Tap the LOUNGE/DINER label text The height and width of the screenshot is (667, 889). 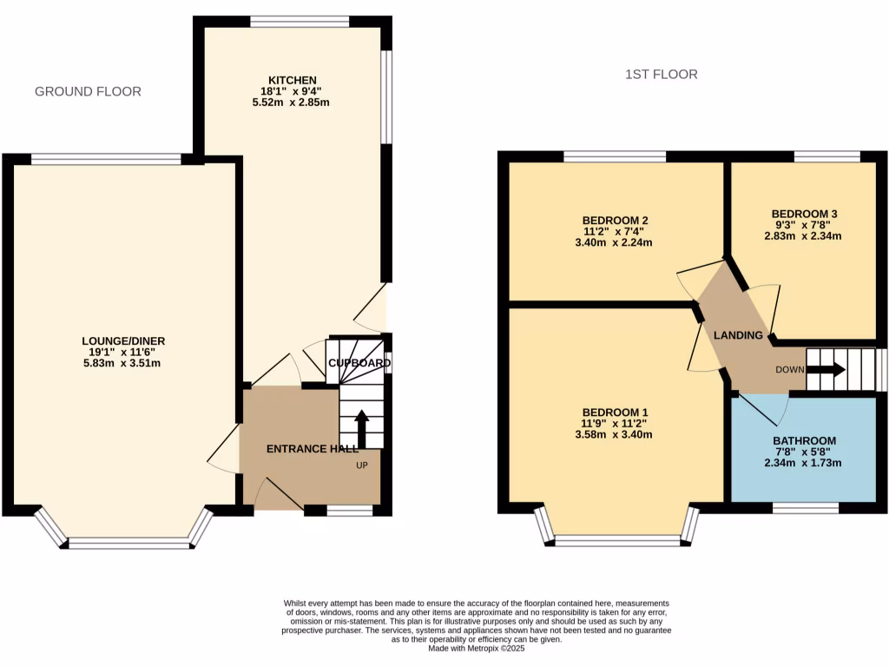coord(123,340)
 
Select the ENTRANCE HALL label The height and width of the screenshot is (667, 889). coord(312,449)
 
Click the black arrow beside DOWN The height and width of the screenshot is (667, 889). coord(826,369)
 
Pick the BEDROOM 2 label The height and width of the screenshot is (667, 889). coord(616,220)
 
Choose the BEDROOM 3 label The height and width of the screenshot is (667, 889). coord(804,213)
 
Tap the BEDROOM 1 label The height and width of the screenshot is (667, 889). coord(616,412)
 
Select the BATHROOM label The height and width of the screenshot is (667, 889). coord(804,440)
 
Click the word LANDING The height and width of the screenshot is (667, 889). coord(738,335)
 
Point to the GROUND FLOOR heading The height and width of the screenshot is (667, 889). coord(88,91)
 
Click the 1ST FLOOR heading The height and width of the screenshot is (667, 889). coord(662,75)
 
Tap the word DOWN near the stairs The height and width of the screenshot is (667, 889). coord(790,369)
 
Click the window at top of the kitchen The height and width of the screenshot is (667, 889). coord(300,22)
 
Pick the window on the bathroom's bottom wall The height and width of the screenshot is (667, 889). coord(805,508)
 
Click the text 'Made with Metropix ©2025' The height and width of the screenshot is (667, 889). coord(477,647)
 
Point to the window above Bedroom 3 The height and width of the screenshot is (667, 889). coord(826,156)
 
